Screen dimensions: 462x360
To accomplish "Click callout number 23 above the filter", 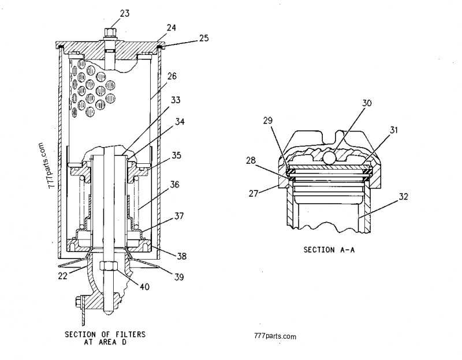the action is tap(125, 13).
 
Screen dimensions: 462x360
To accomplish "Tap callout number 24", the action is tap(171, 28).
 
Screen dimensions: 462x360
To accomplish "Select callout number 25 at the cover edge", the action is tap(204, 38).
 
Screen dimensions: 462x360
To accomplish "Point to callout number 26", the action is tap(172, 76).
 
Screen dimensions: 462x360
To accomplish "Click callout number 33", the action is tap(176, 100).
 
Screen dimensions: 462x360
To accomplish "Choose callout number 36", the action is tap(174, 185).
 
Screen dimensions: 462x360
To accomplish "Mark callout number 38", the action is tap(181, 256).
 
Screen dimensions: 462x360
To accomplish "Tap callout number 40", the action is tap(144, 286).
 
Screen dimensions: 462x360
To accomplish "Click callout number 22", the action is tap(62, 276).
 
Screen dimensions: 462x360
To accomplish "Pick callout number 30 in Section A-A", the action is tap(367, 103).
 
